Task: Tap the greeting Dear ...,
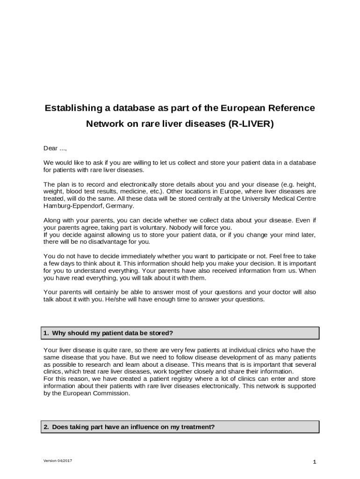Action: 55,148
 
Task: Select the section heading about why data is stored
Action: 112,333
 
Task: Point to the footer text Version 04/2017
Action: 58,461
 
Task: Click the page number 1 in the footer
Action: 315,462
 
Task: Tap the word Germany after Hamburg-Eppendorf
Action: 119,206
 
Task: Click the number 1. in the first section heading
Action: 46,333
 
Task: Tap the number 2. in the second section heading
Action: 46,427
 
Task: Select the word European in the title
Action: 243,109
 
